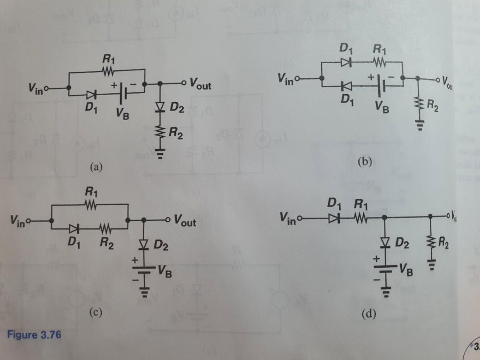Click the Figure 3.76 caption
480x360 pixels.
point(34,335)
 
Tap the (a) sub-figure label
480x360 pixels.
point(96,166)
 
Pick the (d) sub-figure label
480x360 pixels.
point(369,314)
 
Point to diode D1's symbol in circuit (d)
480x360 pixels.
point(334,217)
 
